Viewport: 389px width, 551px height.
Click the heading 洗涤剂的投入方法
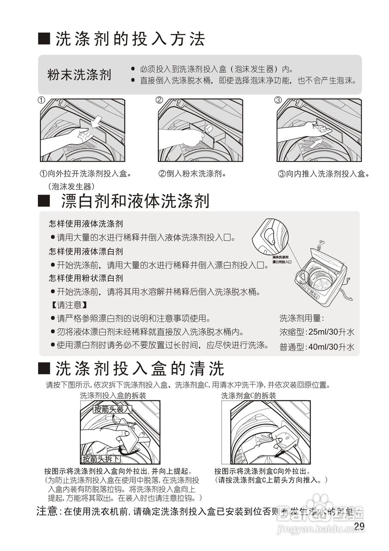(x=129, y=40)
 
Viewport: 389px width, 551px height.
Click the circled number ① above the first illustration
(x=42, y=100)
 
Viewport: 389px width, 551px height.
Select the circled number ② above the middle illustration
(x=159, y=100)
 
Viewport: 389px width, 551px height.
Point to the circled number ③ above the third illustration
(x=278, y=100)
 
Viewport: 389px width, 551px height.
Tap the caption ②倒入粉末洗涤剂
(x=192, y=174)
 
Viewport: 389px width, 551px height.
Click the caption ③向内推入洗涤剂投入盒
(x=323, y=174)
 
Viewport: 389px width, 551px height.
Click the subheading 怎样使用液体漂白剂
(x=86, y=251)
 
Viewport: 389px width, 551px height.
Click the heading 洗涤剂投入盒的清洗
(x=140, y=368)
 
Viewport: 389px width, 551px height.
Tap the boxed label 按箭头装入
(x=112, y=409)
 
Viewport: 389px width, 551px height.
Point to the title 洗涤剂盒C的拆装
(x=248, y=396)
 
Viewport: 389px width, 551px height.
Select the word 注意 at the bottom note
(x=47, y=511)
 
